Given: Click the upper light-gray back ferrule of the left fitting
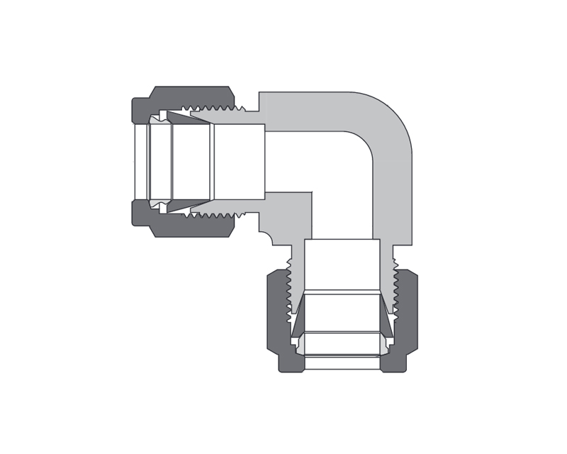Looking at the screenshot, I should pyautogui.click(x=162, y=116).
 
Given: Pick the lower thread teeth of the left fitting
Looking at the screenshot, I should pyautogui.click(x=216, y=214).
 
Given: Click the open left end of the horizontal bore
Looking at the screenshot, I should pyautogui.click(x=141, y=162).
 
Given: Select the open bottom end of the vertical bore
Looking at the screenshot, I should pyautogui.click(x=342, y=362).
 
